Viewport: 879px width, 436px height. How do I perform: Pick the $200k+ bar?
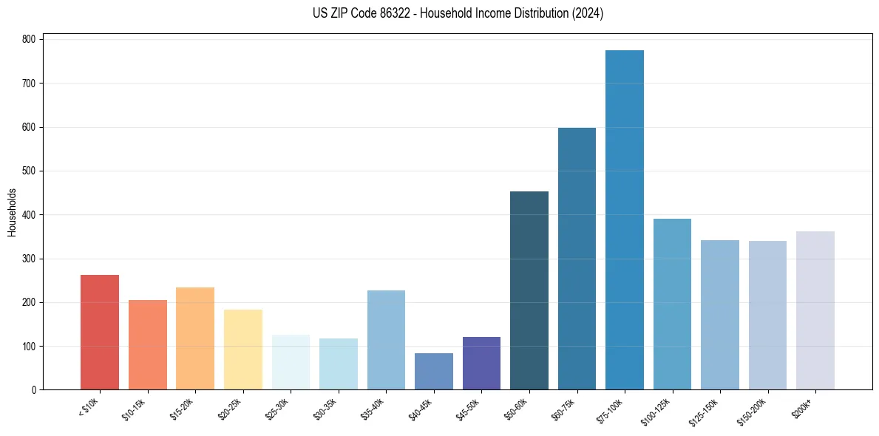[815, 310]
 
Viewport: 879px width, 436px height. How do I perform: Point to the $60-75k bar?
[577, 259]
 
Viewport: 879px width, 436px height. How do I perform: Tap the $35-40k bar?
[386, 340]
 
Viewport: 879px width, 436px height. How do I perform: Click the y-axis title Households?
[12, 212]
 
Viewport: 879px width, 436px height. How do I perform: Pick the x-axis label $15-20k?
[186, 407]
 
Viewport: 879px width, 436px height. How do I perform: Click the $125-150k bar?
[720, 315]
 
